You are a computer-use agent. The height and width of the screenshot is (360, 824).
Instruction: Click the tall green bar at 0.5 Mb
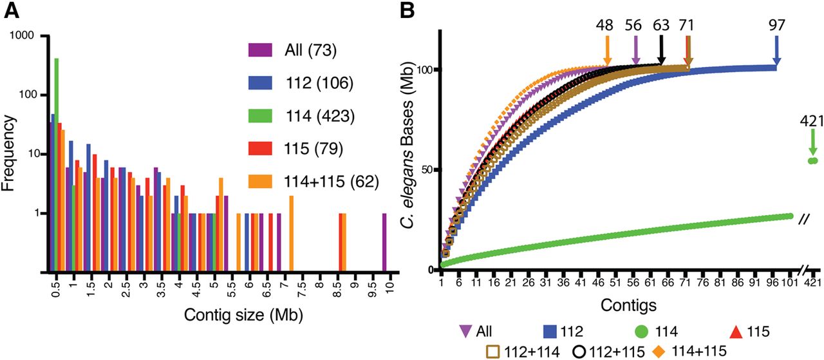pyautogui.click(x=57, y=161)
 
